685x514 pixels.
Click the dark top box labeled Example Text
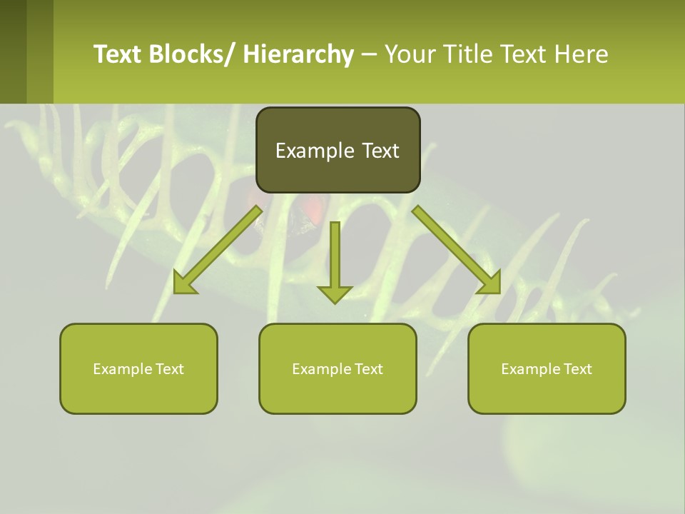(x=338, y=150)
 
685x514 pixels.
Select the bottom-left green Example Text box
(x=138, y=368)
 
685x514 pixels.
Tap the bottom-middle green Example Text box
(x=338, y=368)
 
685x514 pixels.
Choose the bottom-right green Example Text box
(x=547, y=368)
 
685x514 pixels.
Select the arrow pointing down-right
(x=457, y=250)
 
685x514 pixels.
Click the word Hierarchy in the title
(x=298, y=54)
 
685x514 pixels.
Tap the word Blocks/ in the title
(x=193, y=54)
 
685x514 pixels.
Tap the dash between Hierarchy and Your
(x=369, y=55)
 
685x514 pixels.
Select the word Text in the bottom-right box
(x=577, y=368)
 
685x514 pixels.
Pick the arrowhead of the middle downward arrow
(x=335, y=293)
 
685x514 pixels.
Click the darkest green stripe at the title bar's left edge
(x=13, y=51)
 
